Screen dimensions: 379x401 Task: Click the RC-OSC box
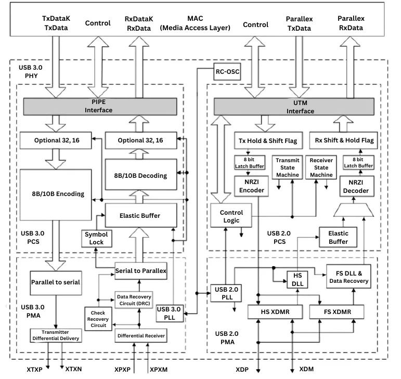(227, 72)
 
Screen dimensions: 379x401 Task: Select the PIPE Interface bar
(102, 106)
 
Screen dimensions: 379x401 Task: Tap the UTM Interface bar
(293, 107)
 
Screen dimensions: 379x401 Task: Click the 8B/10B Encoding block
(56, 194)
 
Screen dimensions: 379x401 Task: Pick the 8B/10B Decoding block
(140, 175)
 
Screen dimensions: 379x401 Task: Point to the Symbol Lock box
(94, 238)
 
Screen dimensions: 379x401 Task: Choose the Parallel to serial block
(55, 282)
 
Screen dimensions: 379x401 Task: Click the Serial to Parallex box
(140, 270)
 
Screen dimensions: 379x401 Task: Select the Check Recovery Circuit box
(98, 318)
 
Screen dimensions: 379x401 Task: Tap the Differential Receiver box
(141, 336)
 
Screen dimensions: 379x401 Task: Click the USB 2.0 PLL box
(225, 293)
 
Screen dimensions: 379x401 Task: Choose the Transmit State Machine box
(287, 168)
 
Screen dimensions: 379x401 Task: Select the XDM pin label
(306, 369)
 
